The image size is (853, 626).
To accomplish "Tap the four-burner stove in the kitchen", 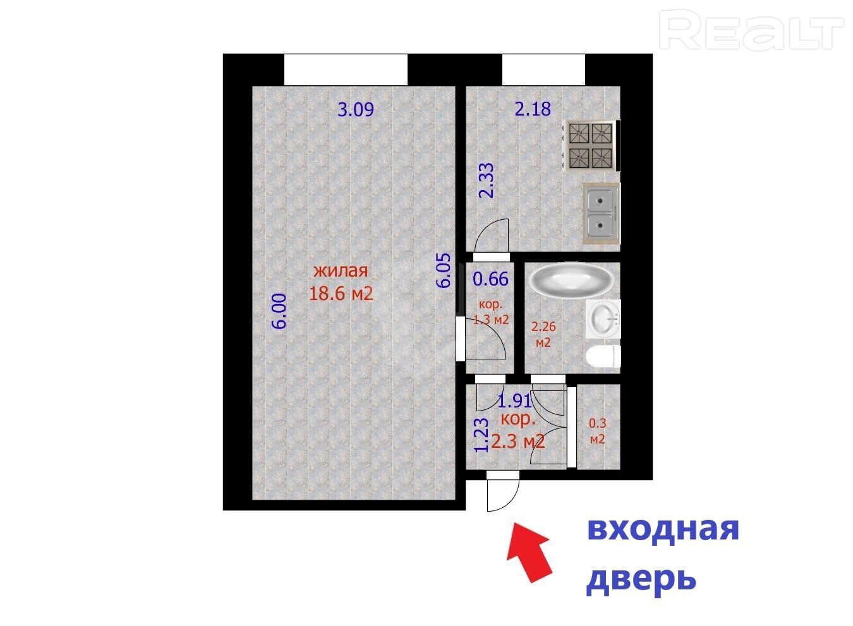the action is [x=591, y=146].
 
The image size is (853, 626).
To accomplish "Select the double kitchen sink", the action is [x=602, y=214].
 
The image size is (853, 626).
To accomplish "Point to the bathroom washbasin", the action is [x=603, y=319].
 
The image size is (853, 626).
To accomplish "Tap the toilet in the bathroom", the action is [x=603, y=357].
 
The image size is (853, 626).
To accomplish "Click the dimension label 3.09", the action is [x=356, y=110].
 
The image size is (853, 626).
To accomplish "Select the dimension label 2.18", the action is [x=533, y=109].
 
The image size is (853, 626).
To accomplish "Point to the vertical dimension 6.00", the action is [x=279, y=311].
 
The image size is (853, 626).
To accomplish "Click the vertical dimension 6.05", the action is [x=444, y=271].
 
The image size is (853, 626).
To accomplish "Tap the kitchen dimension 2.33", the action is [x=487, y=181].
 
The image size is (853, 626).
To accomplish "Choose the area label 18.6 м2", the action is [x=341, y=294].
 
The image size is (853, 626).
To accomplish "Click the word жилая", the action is [x=341, y=271].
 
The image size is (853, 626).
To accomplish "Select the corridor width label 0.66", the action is [x=490, y=279].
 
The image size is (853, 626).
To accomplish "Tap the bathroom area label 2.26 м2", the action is [x=543, y=334].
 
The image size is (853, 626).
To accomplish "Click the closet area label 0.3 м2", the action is [x=598, y=431].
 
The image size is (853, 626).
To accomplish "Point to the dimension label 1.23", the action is [x=481, y=435].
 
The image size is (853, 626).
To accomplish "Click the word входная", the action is [x=663, y=529].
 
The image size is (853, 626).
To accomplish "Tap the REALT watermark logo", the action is [x=751, y=30].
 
